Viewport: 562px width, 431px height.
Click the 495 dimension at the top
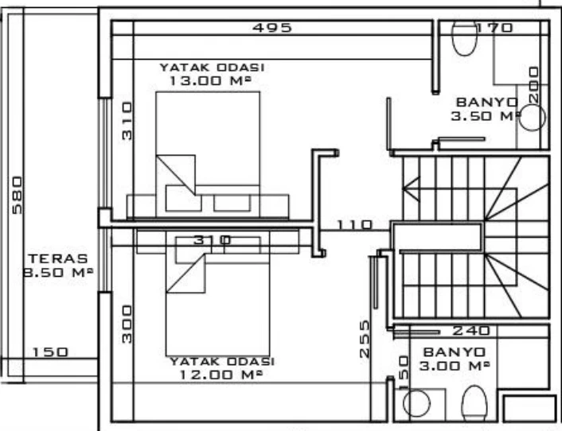(x=272, y=28)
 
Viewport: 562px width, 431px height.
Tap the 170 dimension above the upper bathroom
(x=495, y=28)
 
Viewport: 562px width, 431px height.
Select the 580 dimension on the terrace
(x=17, y=195)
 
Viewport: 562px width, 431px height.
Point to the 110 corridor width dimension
(x=355, y=225)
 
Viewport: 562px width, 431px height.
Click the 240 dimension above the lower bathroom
(x=471, y=331)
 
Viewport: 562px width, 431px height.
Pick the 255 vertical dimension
(x=365, y=339)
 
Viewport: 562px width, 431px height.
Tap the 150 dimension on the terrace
(x=50, y=352)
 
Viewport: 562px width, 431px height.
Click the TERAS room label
(x=58, y=258)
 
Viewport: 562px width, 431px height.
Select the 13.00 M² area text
(x=209, y=80)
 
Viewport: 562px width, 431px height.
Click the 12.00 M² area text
(x=221, y=375)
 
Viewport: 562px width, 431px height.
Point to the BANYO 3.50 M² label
(x=486, y=109)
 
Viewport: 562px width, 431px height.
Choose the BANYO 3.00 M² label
(x=455, y=359)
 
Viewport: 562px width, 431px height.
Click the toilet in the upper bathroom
(x=465, y=39)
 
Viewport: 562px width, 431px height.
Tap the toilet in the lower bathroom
(x=474, y=403)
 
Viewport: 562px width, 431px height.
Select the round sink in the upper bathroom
(x=533, y=117)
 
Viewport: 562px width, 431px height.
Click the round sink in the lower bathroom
(x=416, y=403)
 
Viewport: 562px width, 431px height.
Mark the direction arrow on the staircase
(x=411, y=188)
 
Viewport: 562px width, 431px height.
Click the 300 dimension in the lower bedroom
(x=127, y=324)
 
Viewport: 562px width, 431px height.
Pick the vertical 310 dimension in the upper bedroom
(x=127, y=121)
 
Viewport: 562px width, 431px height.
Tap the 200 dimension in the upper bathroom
(x=534, y=85)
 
